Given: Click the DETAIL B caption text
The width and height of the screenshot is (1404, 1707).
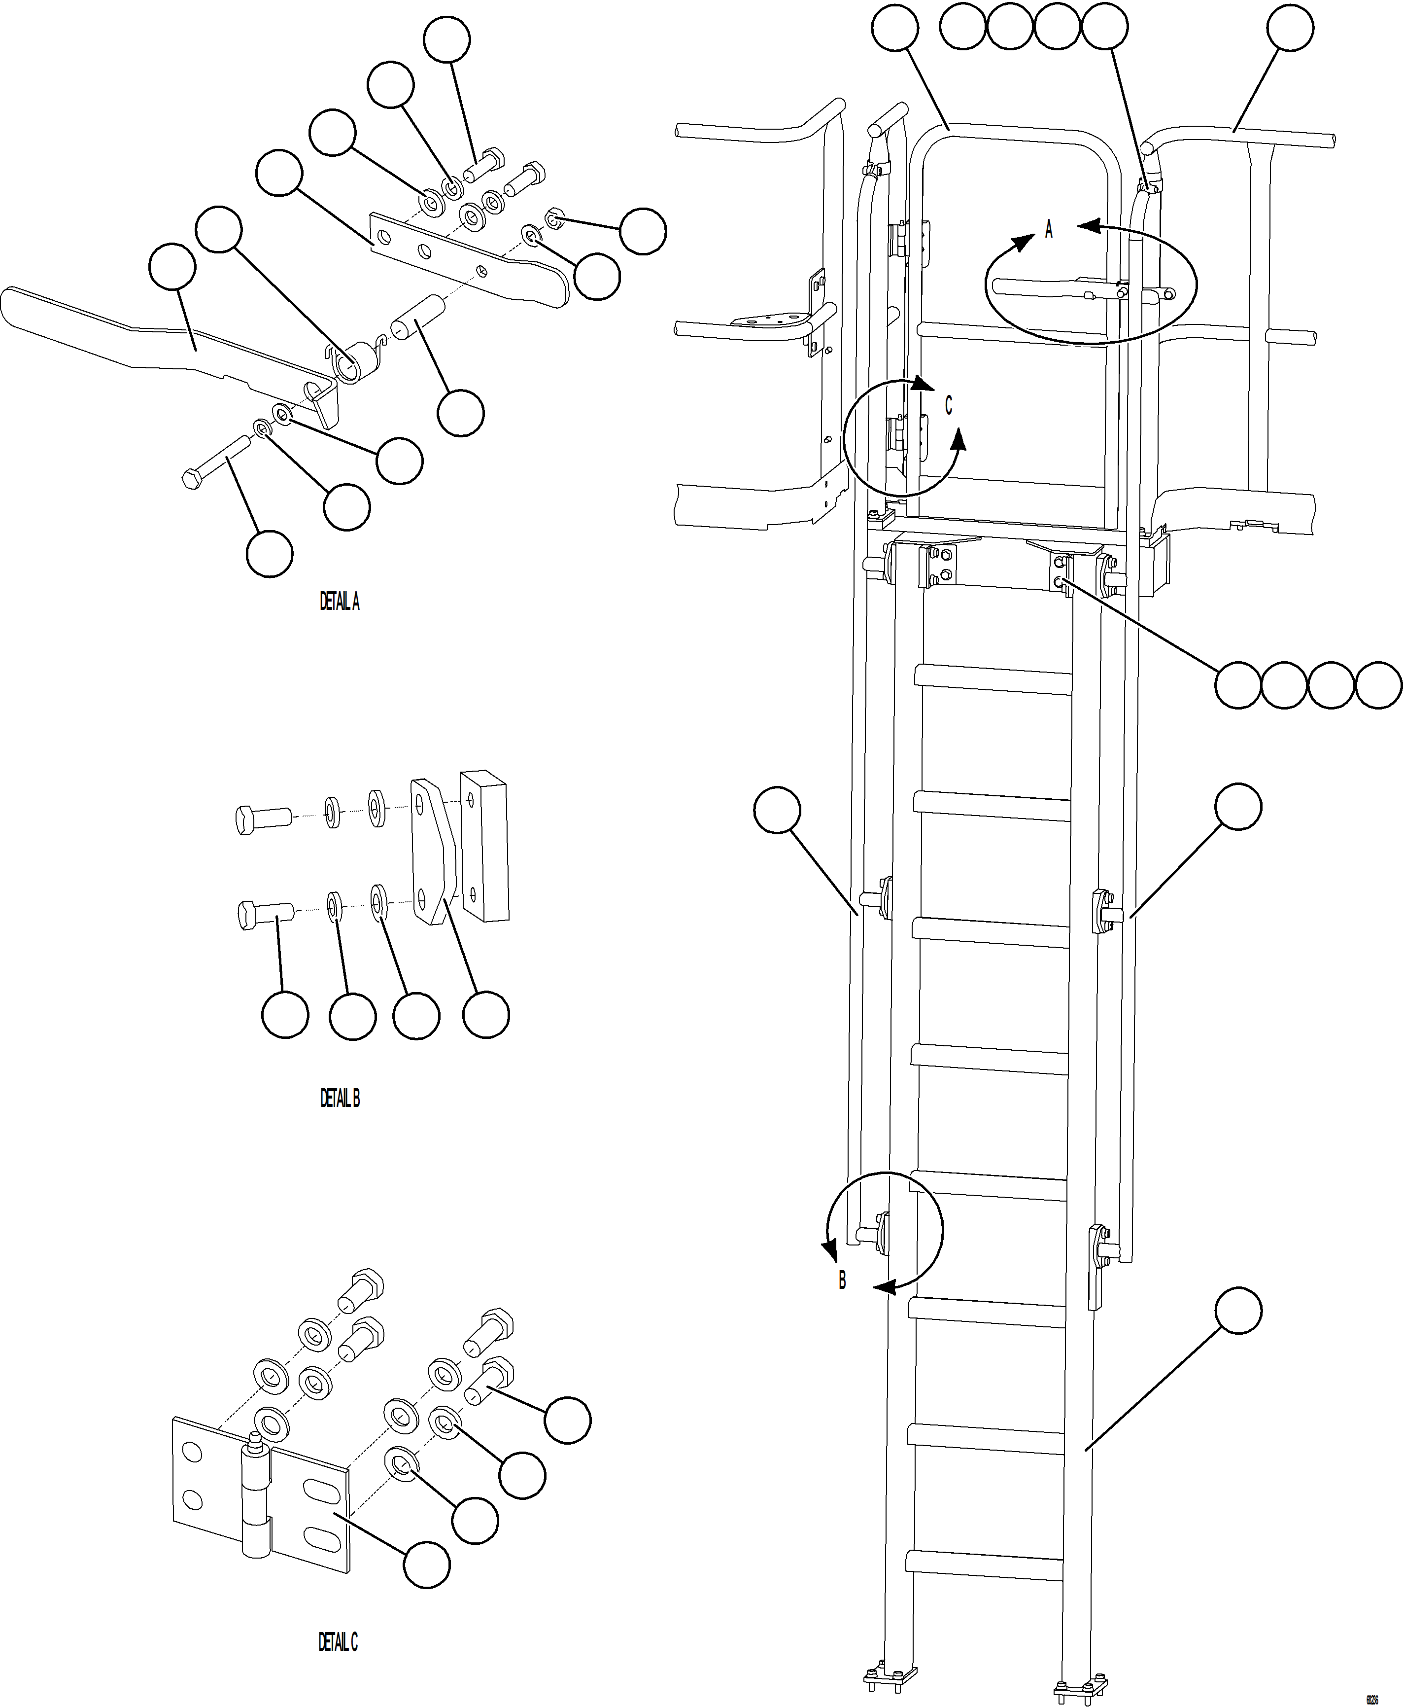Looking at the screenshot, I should point(340,1098).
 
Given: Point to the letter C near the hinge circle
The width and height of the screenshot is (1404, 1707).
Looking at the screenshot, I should point(949,405).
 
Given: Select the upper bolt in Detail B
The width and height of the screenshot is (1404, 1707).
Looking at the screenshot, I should point(263,817).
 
